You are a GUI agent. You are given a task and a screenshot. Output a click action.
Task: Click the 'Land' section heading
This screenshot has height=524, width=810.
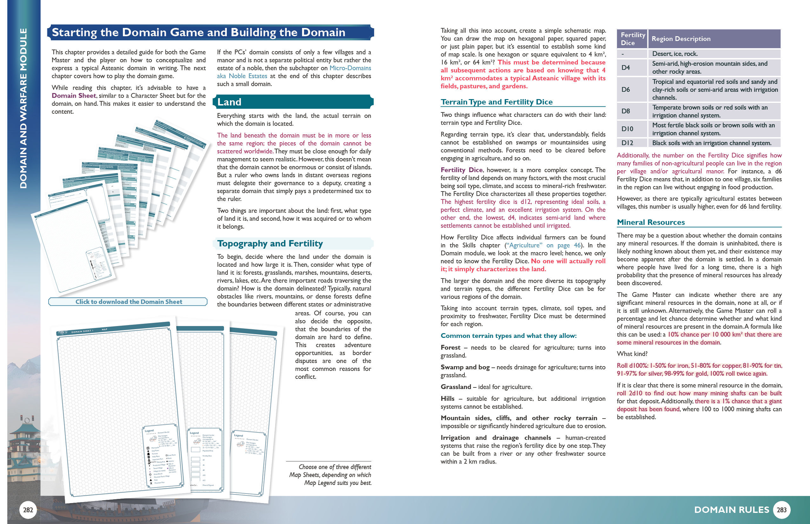point(229,102)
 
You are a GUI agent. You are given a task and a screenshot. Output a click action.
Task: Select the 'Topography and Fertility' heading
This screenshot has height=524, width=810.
point(270,244)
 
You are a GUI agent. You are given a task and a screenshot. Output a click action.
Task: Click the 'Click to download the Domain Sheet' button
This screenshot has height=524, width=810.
point(128,302)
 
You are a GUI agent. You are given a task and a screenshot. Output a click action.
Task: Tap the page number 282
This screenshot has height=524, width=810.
point(28,509)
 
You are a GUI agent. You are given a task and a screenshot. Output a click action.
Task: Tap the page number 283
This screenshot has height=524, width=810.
point(781,509)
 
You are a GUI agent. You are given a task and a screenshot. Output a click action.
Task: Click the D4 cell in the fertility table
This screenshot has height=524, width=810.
point(625,67)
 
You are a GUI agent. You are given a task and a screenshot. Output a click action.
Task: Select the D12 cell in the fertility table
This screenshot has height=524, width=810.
point(627,143)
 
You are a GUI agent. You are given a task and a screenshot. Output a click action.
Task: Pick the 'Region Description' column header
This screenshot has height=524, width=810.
point(681,39)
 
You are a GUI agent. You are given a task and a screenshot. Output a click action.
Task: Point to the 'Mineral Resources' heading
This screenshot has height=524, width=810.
point(651,222)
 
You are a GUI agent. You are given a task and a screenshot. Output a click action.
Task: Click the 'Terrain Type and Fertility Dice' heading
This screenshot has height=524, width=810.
point(496,102)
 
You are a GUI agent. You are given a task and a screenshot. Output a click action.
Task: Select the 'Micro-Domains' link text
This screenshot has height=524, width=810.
point(350,68)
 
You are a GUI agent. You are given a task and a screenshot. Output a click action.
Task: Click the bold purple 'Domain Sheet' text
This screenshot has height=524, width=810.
point(74,96)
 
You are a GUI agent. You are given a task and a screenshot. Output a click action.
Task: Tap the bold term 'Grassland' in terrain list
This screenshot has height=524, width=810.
point(456,387)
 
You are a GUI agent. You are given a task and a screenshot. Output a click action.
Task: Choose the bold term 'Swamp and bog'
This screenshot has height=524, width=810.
point(465,367)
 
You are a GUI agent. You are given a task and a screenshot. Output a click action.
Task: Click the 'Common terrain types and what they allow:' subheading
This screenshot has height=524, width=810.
point(509,336)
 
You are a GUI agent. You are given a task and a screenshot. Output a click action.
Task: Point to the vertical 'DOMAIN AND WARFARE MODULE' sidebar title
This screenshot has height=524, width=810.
point(23,108)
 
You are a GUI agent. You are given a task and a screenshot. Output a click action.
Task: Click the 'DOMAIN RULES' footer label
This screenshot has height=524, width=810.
point(731,509)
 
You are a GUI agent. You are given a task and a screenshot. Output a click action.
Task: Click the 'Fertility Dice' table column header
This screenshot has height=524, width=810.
point(632,39)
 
